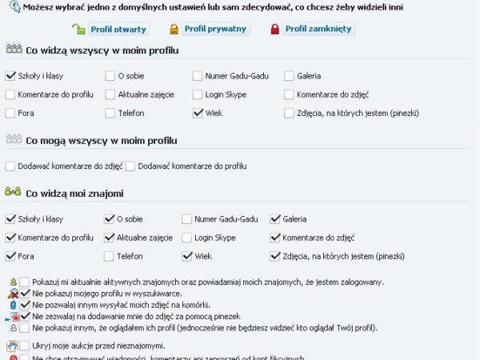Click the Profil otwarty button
(111, 30)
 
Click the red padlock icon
(275, 30)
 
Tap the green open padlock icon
(78, 30)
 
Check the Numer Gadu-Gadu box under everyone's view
(198, 77)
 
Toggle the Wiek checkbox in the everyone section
(198, 114)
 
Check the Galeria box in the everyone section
(290, 77)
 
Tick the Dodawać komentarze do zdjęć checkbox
(10, 166)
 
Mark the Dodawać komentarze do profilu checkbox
(131, 166)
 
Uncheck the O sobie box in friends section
(110, 219)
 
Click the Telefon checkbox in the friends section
(110, 257)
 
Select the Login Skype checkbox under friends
(186, 238)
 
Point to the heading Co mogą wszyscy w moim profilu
(101, 141)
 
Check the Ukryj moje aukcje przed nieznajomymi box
(25, 346)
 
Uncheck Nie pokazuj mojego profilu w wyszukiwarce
(25, 294)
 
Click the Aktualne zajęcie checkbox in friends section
(110, 238)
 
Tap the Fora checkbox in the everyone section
(10, 114)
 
